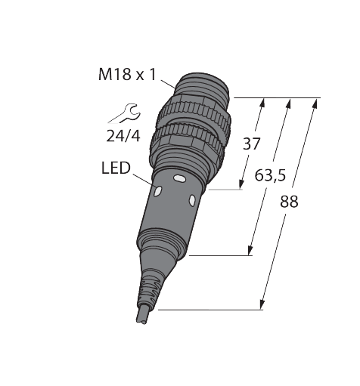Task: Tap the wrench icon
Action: [x=124, y=113]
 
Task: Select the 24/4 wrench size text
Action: [x=123, y=137]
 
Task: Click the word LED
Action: [x=116, y=167]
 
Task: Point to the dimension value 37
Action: [x=251, y=144]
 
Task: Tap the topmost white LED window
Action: [x=179, y=179]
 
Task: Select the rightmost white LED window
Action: [x=191, y=199]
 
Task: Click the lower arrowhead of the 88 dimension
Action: [x=262, y=307]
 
